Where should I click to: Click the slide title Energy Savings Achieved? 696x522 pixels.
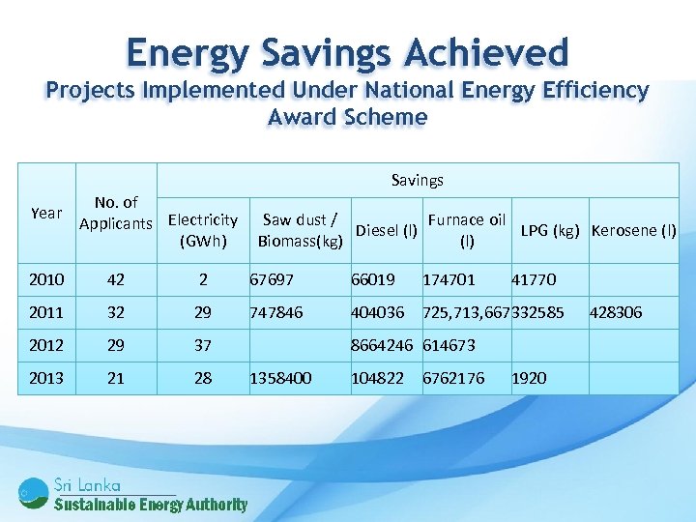(347, 51)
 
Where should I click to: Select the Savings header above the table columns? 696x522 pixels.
(417, 180)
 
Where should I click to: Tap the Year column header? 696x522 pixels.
(46, 213)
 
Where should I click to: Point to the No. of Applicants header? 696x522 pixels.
(115, 214)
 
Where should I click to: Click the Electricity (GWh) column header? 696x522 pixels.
(203, 230)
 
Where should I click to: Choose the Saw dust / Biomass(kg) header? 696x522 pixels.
(301, 230)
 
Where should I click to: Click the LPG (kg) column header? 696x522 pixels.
(550, 230)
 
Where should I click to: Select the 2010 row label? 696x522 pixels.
(46, 279)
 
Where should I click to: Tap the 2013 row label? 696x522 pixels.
(46, 378)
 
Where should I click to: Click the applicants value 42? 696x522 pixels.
(115, 279)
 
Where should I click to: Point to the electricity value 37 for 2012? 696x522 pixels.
(203, 345)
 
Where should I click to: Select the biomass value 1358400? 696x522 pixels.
(280, 378)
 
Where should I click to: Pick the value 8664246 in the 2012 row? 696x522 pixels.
(382, 345)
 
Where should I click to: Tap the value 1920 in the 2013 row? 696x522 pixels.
(529, 378)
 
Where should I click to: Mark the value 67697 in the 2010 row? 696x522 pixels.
(273, 279)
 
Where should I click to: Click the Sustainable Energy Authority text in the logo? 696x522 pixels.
(151, 504)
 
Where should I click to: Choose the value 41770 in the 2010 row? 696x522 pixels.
(534, 279)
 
